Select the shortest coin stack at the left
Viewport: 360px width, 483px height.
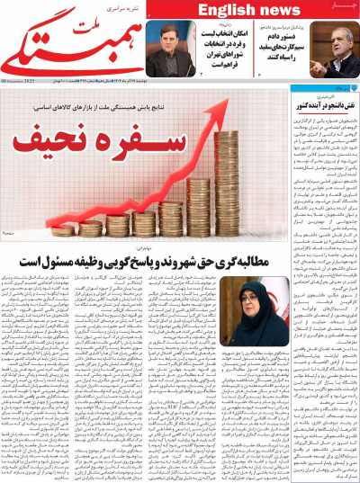tap(64, 230)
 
